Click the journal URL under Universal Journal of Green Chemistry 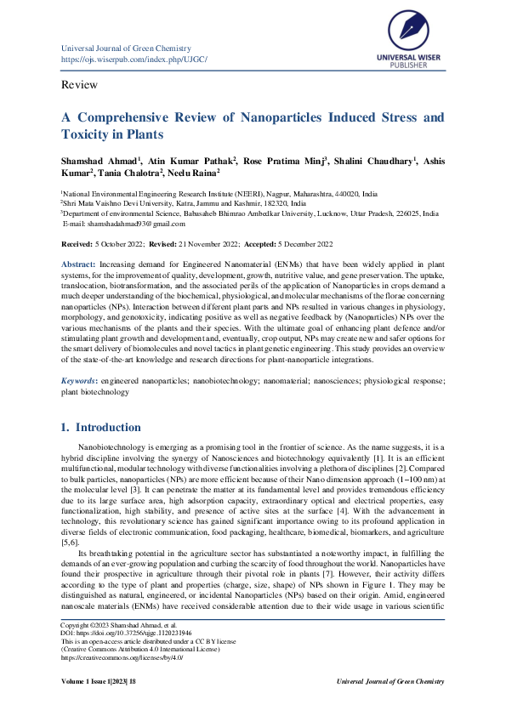pos(134,60)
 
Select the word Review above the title pos(79,85)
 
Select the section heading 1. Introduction pos(100,427)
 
